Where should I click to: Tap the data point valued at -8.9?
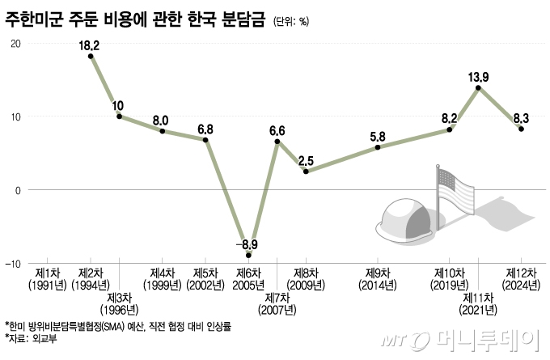(x=248, y=255)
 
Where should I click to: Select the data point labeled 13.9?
(x=479, y=87)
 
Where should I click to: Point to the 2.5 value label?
(x=306, y=160)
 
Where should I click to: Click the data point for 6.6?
(x=277, y=142)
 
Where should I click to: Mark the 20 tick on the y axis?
(x=15, y=43)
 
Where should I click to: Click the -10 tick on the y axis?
(x=14, y=264)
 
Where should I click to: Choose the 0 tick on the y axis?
(x=18, y=190)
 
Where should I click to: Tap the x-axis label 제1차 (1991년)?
(x=47, y=279)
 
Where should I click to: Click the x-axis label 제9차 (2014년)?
(x=378, y=279)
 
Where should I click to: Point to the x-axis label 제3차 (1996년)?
(x=119, y=303)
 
